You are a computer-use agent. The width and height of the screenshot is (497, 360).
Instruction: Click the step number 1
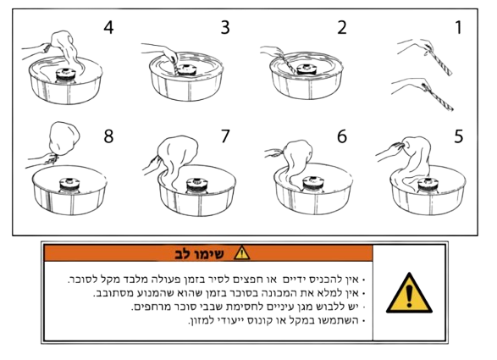point(458,27)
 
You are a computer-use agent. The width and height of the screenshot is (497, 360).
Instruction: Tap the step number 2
point(342,27)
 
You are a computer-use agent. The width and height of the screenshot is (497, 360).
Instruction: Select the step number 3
point(225,27)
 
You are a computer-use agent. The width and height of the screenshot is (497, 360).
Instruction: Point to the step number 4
point(108,27)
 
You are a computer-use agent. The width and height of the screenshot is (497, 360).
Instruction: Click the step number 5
point(458,136)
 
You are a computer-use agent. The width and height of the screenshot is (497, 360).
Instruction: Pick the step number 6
point(342,136)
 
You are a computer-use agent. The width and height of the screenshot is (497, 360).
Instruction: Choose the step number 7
point(225,136)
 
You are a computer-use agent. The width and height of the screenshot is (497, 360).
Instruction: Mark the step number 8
point(108,136)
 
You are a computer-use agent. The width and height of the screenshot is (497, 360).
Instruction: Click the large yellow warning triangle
point(409,293)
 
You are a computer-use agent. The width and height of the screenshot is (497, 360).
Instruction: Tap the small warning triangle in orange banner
point(242,253)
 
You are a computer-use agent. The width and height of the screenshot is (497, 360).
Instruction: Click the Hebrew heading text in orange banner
point(199,254)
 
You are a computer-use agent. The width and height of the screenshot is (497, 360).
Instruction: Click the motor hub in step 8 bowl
point(69,186)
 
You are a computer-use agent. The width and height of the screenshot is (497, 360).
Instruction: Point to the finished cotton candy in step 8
point(64,139)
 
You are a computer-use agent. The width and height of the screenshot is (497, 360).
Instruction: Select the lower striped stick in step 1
point(439,97)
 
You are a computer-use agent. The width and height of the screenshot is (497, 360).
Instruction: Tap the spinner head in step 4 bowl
point(66,75)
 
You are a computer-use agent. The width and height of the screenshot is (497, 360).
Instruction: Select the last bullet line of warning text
point(277,321)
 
